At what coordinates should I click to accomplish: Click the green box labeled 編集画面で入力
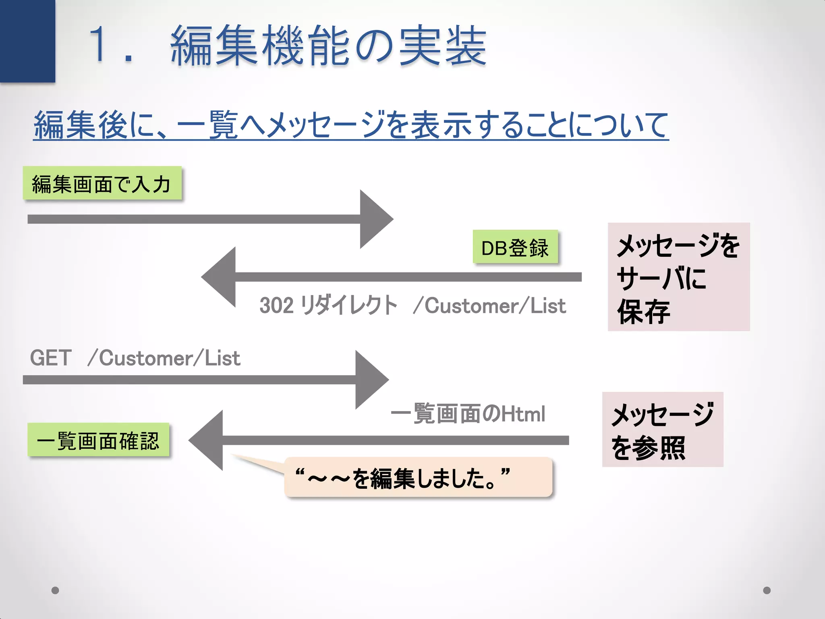point(102,183)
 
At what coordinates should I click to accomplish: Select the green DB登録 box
point(515,247)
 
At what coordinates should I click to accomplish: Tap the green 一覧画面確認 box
point(98,440)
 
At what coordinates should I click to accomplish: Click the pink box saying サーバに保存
point(678,277)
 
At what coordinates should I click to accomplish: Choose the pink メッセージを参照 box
point(662,430)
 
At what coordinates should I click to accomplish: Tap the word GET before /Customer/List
point(51,358)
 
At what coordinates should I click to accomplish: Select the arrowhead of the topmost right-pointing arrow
point(374,219)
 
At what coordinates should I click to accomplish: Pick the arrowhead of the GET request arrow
point(370,380)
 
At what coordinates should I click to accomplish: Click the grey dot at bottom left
point(56,590)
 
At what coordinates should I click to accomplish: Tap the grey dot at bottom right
point(767,590)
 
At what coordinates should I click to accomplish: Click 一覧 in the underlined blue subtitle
point(207,125)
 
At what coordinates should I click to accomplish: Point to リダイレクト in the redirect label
point(349,305)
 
